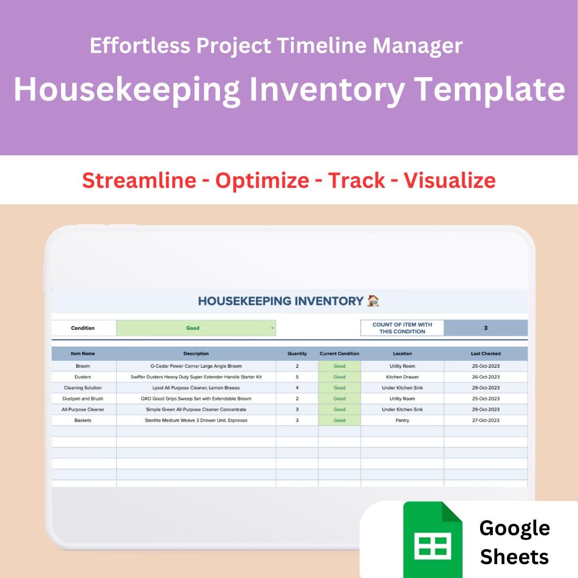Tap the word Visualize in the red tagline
pos(449,180)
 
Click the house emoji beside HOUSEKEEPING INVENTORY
pos(373,301)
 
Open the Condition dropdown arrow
pos(272,328)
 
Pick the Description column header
pos(196,354)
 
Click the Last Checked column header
pos(485,354)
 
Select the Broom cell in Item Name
pos(83,366)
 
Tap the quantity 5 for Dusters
pos(297,377)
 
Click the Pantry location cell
pos(402,420)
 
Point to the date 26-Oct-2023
pos(485,377)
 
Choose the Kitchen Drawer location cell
pos(402,377)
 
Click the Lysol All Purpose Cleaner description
pos(196,387)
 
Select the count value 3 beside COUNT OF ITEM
pos(485,328)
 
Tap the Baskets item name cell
pos(83,420)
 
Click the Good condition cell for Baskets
pos(339,420)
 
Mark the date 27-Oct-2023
pos(485,420)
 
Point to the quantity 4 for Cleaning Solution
pos(297,387)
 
